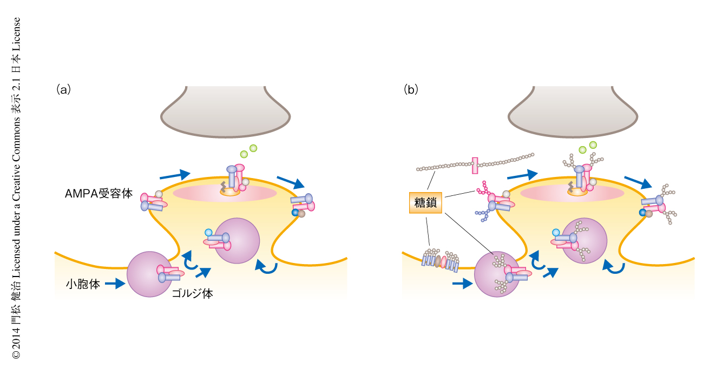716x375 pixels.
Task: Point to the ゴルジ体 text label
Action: pyautogui.click(x=192, y=294)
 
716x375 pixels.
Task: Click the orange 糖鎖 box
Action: pyautogui.click(x=425, y=203)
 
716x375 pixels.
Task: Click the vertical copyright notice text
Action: pyautogui.click(x=16, y=187)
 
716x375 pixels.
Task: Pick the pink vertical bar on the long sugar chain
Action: pyautogui.click(x=475, y=165)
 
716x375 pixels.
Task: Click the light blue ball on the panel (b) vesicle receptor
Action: pyautogui.click(x=556, y=233)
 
